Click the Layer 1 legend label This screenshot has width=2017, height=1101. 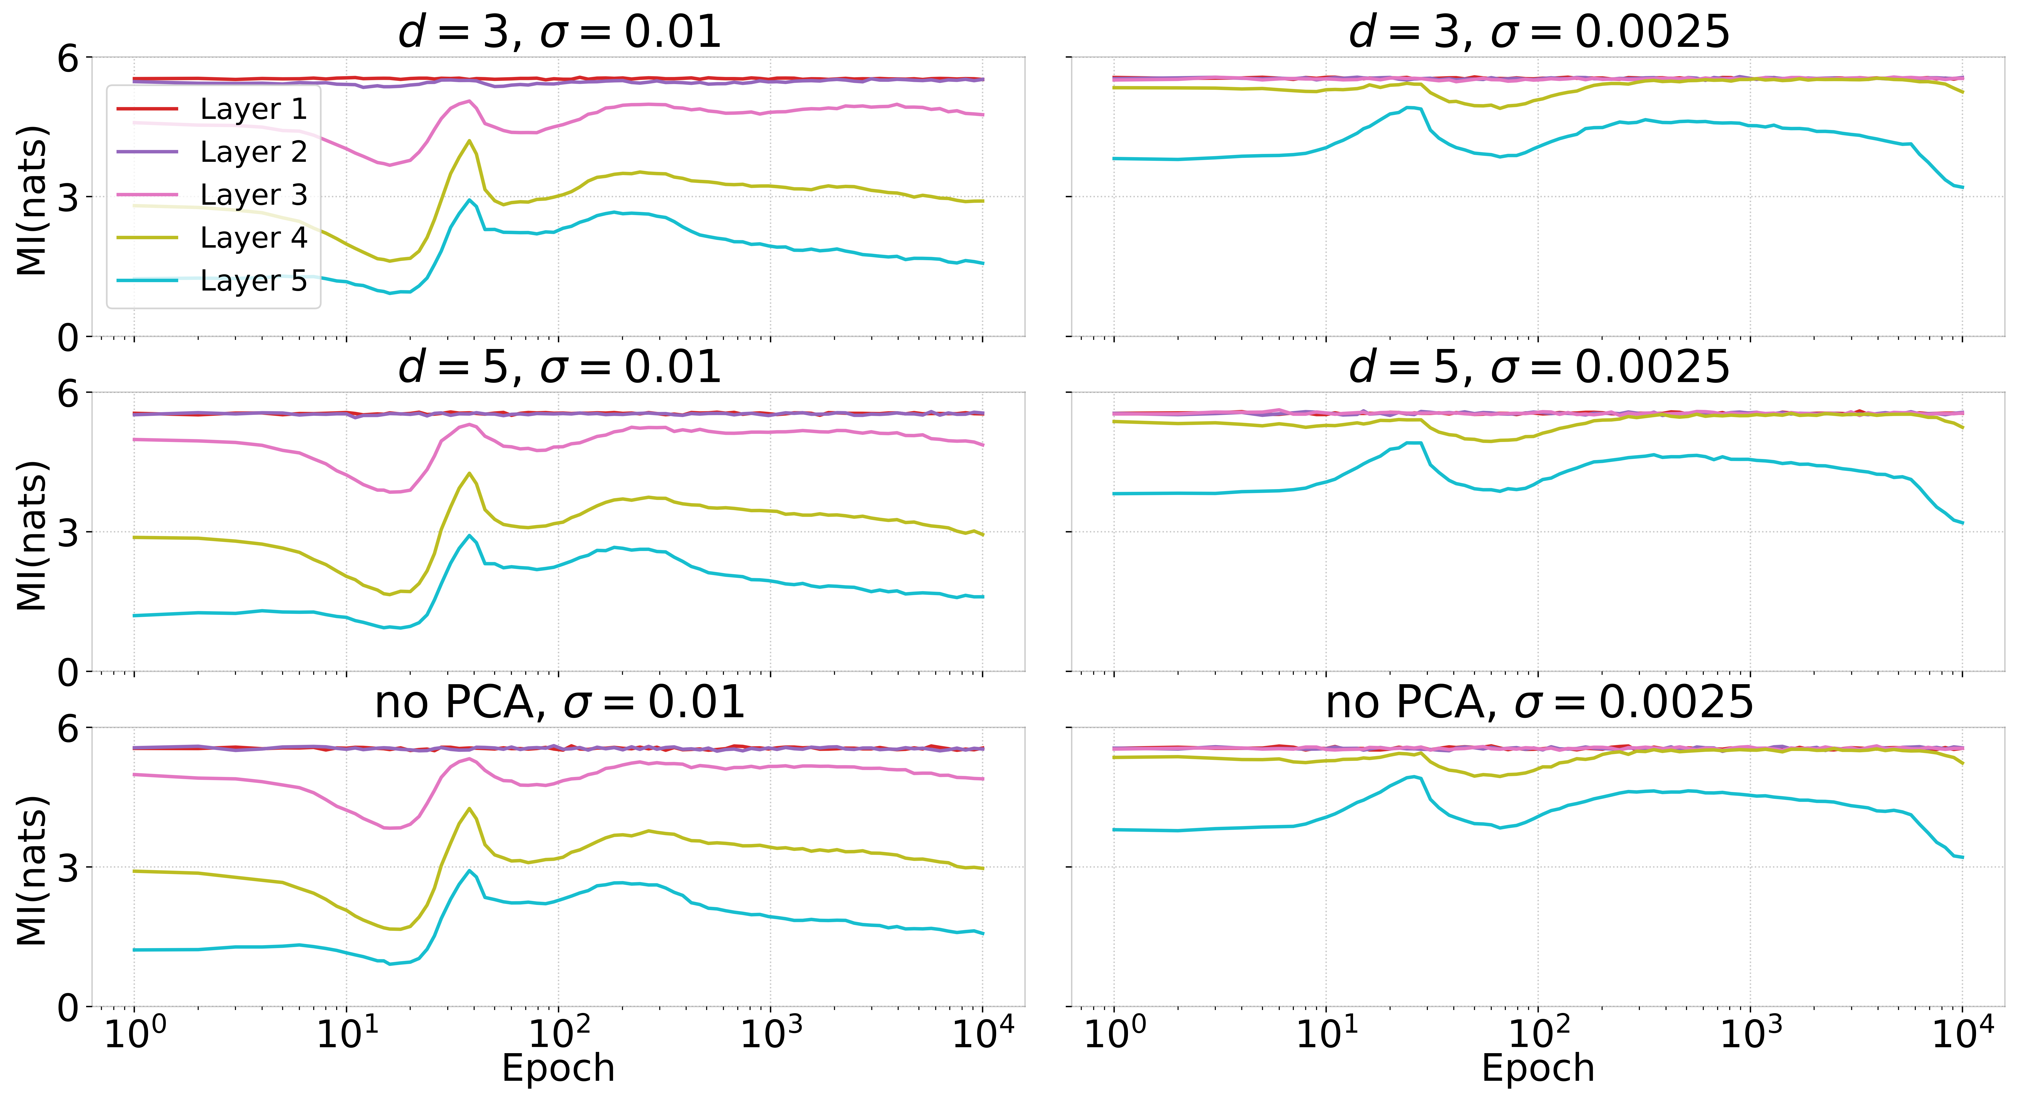coord(253,109)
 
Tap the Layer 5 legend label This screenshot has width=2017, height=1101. coord(253,280)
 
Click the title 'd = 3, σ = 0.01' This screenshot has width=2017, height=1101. coord(559,33)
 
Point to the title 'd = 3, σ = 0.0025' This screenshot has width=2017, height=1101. coord(1539,33)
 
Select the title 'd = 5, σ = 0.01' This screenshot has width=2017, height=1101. coord(559,368)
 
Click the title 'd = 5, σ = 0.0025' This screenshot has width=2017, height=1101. coord(1539,368)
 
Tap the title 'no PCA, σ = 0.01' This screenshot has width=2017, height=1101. coord(559,703)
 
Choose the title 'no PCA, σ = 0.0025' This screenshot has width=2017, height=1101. coord(1539,703)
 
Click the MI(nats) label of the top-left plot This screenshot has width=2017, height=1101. coord(31,200)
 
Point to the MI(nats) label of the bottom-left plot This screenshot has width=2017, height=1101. coord(31,870)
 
